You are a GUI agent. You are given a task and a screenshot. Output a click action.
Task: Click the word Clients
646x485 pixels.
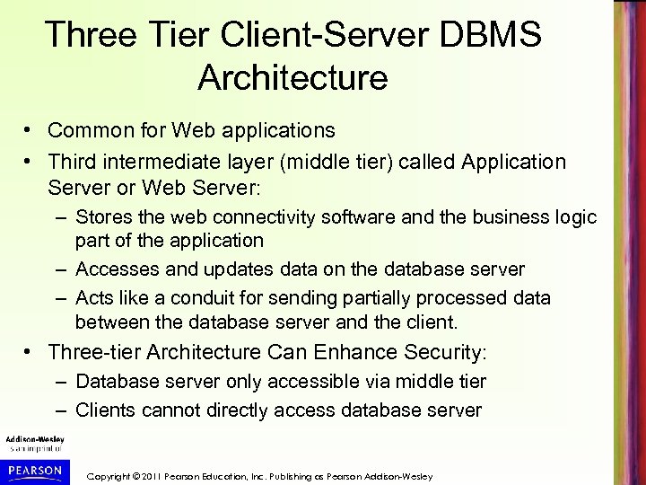(x=107, y=410)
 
